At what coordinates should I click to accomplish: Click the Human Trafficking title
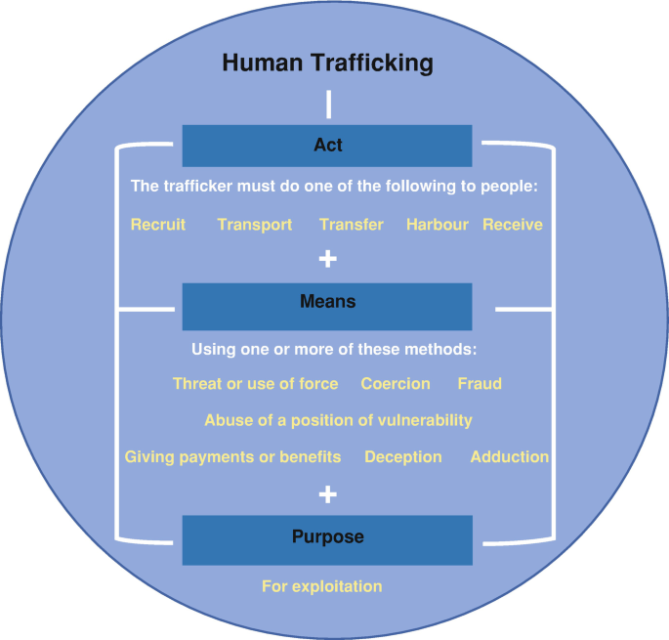(x=327, y=64)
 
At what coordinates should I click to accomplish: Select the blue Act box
(x=327, y=146)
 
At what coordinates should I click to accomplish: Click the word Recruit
(x=158, y=224)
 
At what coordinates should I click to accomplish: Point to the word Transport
(x=254, y=224)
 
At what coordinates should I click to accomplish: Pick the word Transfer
(x=352, y=224)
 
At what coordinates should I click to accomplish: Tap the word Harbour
(x=439, y=224)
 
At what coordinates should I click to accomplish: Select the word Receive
(x=513, y=224)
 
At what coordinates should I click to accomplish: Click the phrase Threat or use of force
(x=255, y=383)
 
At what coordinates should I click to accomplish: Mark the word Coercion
(x=396, y=383)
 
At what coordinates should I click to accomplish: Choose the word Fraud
(x=480, y=383)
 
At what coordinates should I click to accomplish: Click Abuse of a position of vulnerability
(x=338, y=420)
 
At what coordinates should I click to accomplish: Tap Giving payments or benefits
(x=232, y=456)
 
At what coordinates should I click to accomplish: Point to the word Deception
(x=403, y=456)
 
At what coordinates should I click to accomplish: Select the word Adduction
(x=510, y=456)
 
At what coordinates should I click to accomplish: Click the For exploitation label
(x=321, y=586)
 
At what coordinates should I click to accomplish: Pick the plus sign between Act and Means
(x=328, y=259)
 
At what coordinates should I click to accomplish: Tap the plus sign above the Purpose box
(x=328, y=494)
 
